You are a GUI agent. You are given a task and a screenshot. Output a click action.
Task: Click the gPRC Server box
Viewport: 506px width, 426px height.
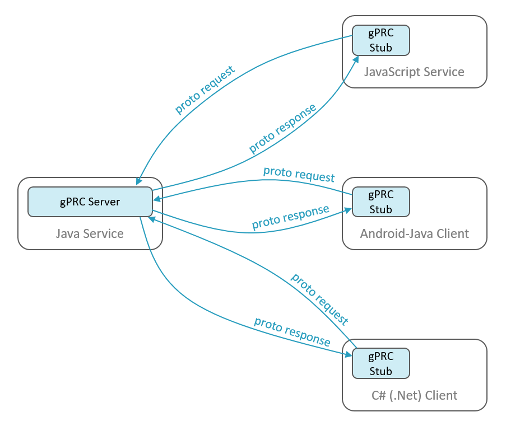click(x=90, y=202)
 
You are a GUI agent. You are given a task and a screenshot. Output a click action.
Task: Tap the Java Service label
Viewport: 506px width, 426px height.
click(x=90, y=233)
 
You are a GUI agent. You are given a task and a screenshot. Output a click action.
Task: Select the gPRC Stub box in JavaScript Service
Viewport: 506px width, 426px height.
click(x=380, y=41)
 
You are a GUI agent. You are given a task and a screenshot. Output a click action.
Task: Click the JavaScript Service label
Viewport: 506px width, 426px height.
click(x=414, y=72)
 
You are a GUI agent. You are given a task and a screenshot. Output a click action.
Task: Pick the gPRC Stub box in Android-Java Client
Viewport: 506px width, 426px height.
click(x=380, y=202)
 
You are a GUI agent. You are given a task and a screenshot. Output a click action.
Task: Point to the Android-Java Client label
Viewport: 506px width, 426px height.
click(x=414, y=233)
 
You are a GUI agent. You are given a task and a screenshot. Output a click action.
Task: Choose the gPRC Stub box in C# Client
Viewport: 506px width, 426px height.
click(x=380, y=363)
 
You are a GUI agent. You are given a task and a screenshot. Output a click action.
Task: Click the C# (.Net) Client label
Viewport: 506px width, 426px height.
click(x=414, y=395)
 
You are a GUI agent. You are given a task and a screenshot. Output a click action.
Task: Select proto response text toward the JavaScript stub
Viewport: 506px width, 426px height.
click(x=282, y=129)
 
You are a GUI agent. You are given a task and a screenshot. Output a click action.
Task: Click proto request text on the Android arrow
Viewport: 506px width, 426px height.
click(x=299, y=174)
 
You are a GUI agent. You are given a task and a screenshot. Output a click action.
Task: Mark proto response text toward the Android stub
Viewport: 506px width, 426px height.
click(x=290, y=217)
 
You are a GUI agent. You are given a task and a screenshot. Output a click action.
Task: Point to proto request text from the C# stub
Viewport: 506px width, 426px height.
click(x=320, y=298)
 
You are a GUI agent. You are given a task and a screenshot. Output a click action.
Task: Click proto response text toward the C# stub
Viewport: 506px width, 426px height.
click(x=291, y=331)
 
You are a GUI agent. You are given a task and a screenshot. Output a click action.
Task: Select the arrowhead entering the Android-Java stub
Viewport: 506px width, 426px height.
click(x=347, y=210)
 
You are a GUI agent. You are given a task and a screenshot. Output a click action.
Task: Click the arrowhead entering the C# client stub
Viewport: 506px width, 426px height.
click(x=347, y=354)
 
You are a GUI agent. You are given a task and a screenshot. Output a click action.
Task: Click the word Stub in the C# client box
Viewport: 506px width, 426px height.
click(x=380, y=371)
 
